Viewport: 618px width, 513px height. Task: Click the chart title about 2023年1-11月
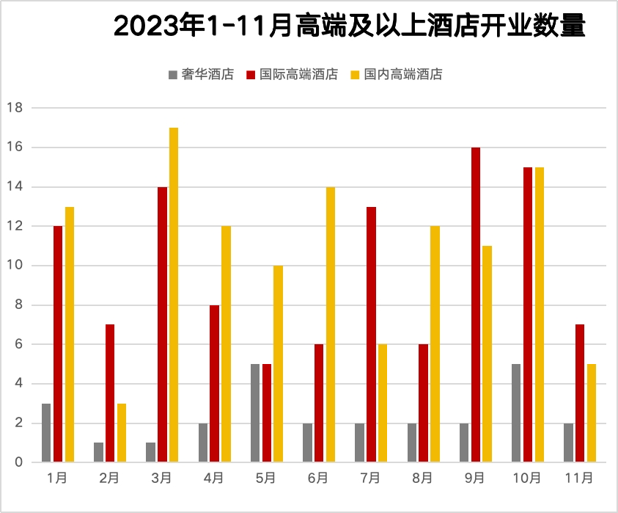pos(350,28)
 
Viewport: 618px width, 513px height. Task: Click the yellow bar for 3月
pos(174,295)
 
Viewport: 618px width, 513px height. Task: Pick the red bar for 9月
pos(476,305)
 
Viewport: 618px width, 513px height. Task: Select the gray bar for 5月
pos(255,413)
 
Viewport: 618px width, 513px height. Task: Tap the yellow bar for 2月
pos(122,433)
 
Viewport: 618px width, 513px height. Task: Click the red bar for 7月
pos(371,335)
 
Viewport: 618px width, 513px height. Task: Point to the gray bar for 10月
pos(516,413)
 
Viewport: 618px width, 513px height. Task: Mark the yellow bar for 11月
pos(592,413)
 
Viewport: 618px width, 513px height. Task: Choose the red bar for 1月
pos(58,344)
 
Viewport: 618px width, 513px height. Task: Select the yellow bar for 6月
pos(331,324)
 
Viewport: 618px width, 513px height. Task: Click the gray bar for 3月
pos(150,453)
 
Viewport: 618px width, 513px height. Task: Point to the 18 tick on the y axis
pos(15,108)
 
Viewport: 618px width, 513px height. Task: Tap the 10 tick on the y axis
pos(15,266)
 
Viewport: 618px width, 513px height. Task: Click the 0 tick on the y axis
pos(18,462)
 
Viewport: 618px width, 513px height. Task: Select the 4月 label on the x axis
pos(214,479)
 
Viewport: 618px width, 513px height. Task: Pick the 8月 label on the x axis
pos(423,479)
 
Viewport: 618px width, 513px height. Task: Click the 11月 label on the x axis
pos(579,479)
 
